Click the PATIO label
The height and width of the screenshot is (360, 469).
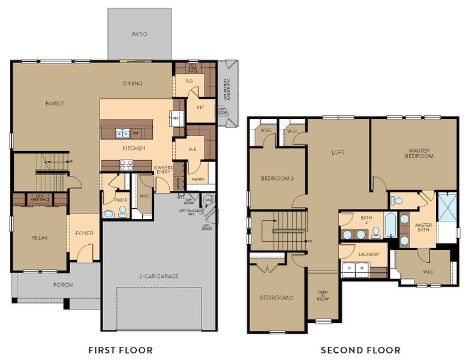[139, 34]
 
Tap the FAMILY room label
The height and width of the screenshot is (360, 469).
[55, 103]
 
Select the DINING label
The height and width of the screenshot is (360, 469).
[133, 83]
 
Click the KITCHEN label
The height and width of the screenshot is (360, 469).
[134, 148]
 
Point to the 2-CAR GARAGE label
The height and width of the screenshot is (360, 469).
[160, 276]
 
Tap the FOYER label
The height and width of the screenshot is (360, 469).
[85, 233]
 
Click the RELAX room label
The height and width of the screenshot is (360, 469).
[40, 238]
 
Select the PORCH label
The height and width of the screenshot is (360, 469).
[62, 284]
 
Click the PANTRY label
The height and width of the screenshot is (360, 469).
[197, 179]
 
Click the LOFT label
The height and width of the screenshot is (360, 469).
[338, 152]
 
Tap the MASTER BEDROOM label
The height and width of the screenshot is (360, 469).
[420, 154]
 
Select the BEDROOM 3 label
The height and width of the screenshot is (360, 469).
[277, 178]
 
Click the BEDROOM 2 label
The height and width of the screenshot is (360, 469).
[276, 298]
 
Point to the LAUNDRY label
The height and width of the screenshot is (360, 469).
[369, 254]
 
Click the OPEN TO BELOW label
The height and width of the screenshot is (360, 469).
[323, 296]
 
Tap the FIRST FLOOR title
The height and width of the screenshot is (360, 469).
[120, 350]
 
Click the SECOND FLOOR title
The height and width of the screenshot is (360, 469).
[360, 350]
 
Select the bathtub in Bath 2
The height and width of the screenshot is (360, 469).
[390, 226]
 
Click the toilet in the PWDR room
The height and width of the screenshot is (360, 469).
[122, 211]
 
